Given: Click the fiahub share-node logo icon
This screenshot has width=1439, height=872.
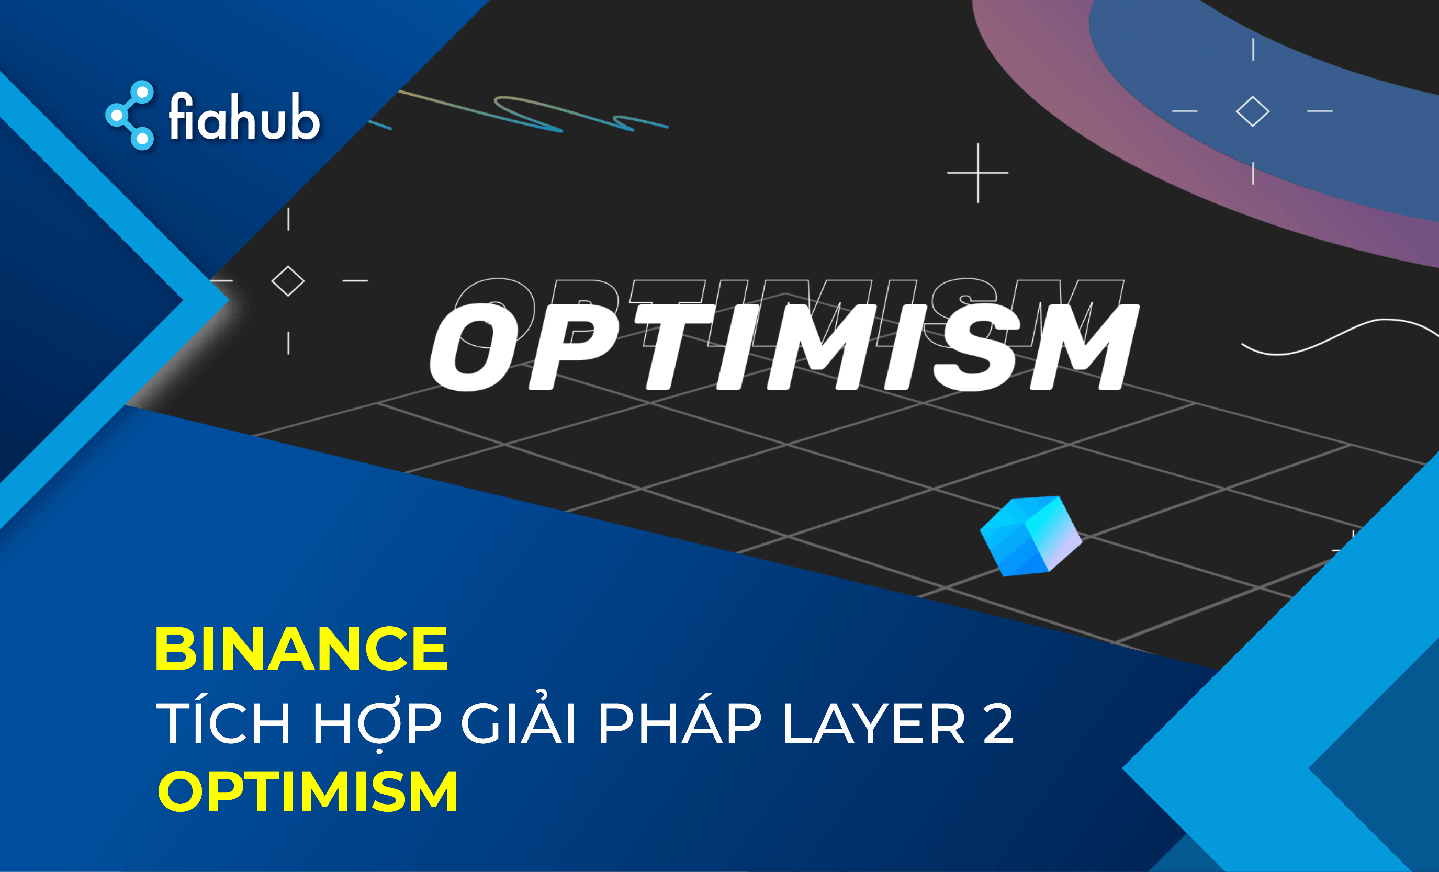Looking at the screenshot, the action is tap(130, 115).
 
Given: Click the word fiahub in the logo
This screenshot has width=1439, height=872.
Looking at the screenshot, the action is tap(244, 116).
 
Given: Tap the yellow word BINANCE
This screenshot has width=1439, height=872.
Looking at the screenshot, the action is tap(301, 649).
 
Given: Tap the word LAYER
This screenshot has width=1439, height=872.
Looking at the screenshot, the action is tap(874, 723).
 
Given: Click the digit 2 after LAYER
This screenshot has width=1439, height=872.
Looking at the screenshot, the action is tap(998, 723).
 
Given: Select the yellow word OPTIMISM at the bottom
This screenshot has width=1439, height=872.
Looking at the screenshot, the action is tap(308, 791).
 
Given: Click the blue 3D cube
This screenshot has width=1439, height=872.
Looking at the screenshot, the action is tap(1031, 536).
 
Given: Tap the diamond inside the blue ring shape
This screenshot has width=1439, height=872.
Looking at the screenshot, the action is tap(1253, 111).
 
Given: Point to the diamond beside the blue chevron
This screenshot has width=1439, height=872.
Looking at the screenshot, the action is tap(288, 281).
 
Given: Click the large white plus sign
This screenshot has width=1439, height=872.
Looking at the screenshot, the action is tap(977, 173).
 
